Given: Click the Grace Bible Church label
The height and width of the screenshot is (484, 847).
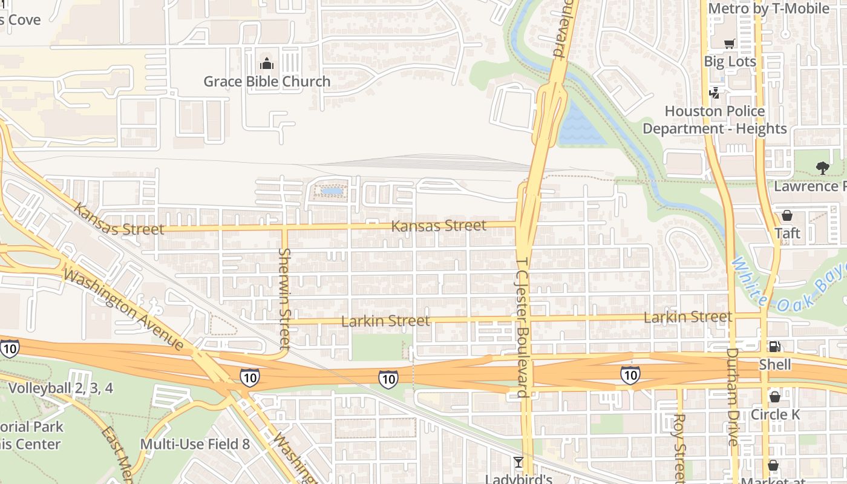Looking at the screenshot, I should [267, 81].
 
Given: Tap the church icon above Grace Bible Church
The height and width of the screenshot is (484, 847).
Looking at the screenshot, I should [266, 63].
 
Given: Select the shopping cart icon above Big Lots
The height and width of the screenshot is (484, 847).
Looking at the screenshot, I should [729, 44].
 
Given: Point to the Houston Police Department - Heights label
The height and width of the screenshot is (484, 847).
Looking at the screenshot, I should [715, 120].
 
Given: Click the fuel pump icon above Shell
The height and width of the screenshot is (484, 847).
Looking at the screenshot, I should [774, 347].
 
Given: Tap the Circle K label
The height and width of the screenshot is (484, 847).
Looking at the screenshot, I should [775, 414].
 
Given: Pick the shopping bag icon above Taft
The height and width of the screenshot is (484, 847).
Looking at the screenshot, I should [787, 215].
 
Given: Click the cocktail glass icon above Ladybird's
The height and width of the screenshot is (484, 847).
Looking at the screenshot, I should [518, 463].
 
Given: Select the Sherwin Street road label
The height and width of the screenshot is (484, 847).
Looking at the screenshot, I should [285, 299].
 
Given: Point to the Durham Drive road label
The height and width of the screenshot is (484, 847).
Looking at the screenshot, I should [733, 396].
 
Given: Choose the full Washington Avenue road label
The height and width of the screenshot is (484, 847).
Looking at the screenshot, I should [123, 310].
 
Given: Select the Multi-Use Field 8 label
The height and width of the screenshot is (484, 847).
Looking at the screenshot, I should [195, 444].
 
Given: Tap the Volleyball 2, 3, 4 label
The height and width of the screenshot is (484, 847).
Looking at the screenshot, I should [60, 388].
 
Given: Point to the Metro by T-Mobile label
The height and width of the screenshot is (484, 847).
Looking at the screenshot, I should [768, 8].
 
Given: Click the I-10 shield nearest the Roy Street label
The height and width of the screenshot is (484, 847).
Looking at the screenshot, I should [630, 375].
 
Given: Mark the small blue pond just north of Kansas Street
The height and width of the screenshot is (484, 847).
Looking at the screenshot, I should [331, 191].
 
